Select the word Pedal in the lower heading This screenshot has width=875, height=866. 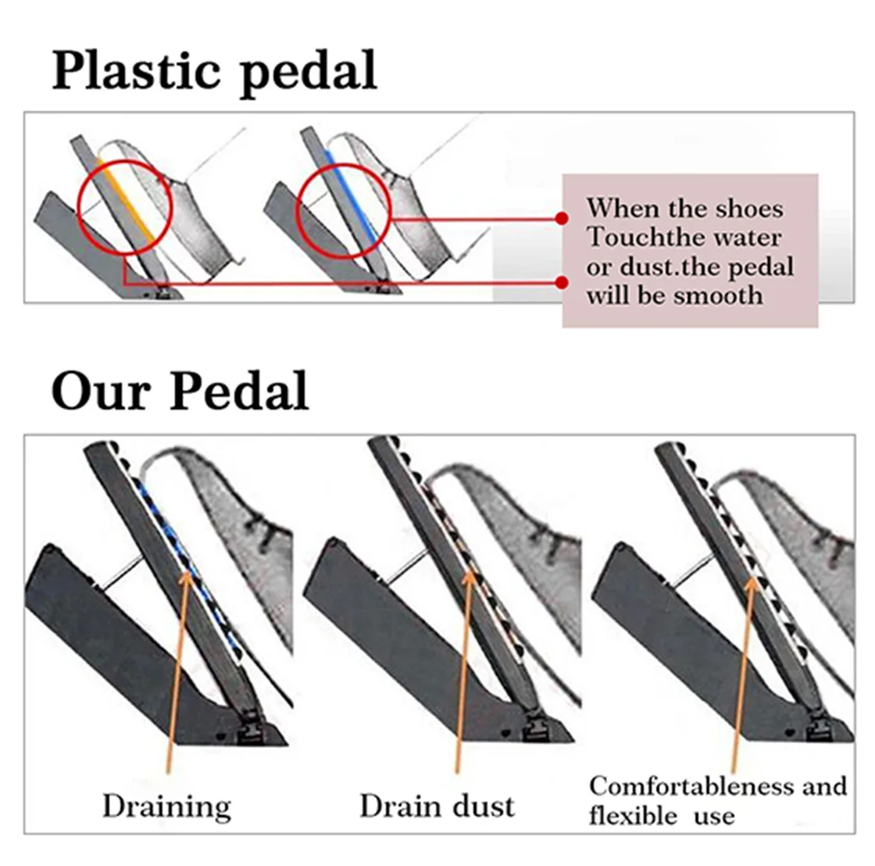click(239, 390)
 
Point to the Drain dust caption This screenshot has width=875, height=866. click(437, 806)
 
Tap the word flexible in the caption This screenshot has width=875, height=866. click(634, 817)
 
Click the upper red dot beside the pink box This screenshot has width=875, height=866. click(559, 218)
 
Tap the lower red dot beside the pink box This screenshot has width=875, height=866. click(559, 282)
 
